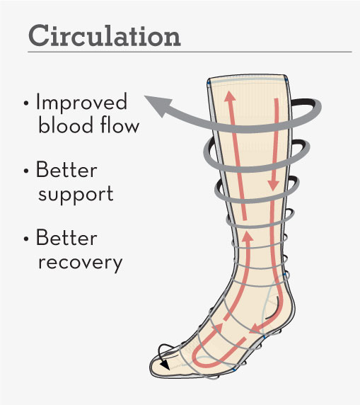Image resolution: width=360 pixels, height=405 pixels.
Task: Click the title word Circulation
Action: point(104,35)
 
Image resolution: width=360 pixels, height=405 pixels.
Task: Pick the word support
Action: point(76,194)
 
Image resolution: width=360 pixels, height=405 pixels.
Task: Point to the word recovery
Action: point(80,263)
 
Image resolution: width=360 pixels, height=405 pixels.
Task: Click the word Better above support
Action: point(66,169)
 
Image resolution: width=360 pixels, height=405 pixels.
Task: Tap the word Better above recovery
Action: point(66,237)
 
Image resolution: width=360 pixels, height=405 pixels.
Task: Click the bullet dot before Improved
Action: point(25,103)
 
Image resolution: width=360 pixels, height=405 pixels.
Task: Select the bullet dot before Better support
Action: point(25,171)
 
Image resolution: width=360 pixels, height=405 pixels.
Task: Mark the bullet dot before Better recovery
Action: point(25,239)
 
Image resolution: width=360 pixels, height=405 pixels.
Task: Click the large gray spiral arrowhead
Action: point(158,105)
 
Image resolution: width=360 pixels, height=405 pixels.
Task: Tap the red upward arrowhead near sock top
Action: point(230,97)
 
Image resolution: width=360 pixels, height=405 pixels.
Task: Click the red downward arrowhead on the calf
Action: point(273,186)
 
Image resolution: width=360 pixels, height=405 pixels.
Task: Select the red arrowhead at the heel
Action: point(255,328)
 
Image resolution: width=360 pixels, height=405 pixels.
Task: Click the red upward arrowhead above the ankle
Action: point(248,236)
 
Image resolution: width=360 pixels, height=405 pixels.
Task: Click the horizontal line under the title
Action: point(190,52)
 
